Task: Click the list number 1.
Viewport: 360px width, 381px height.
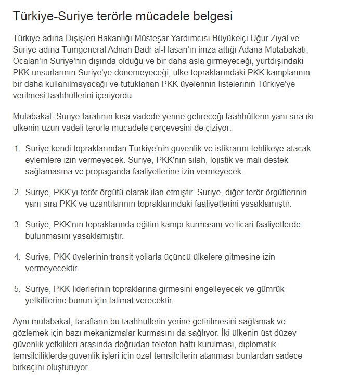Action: click(17, 149)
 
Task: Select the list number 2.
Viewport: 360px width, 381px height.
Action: click(17, 192)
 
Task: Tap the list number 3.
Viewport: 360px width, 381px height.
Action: click(17, 224)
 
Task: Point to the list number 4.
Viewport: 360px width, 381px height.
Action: click(17, 257)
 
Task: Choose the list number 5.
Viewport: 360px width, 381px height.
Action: click(17, 289)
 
